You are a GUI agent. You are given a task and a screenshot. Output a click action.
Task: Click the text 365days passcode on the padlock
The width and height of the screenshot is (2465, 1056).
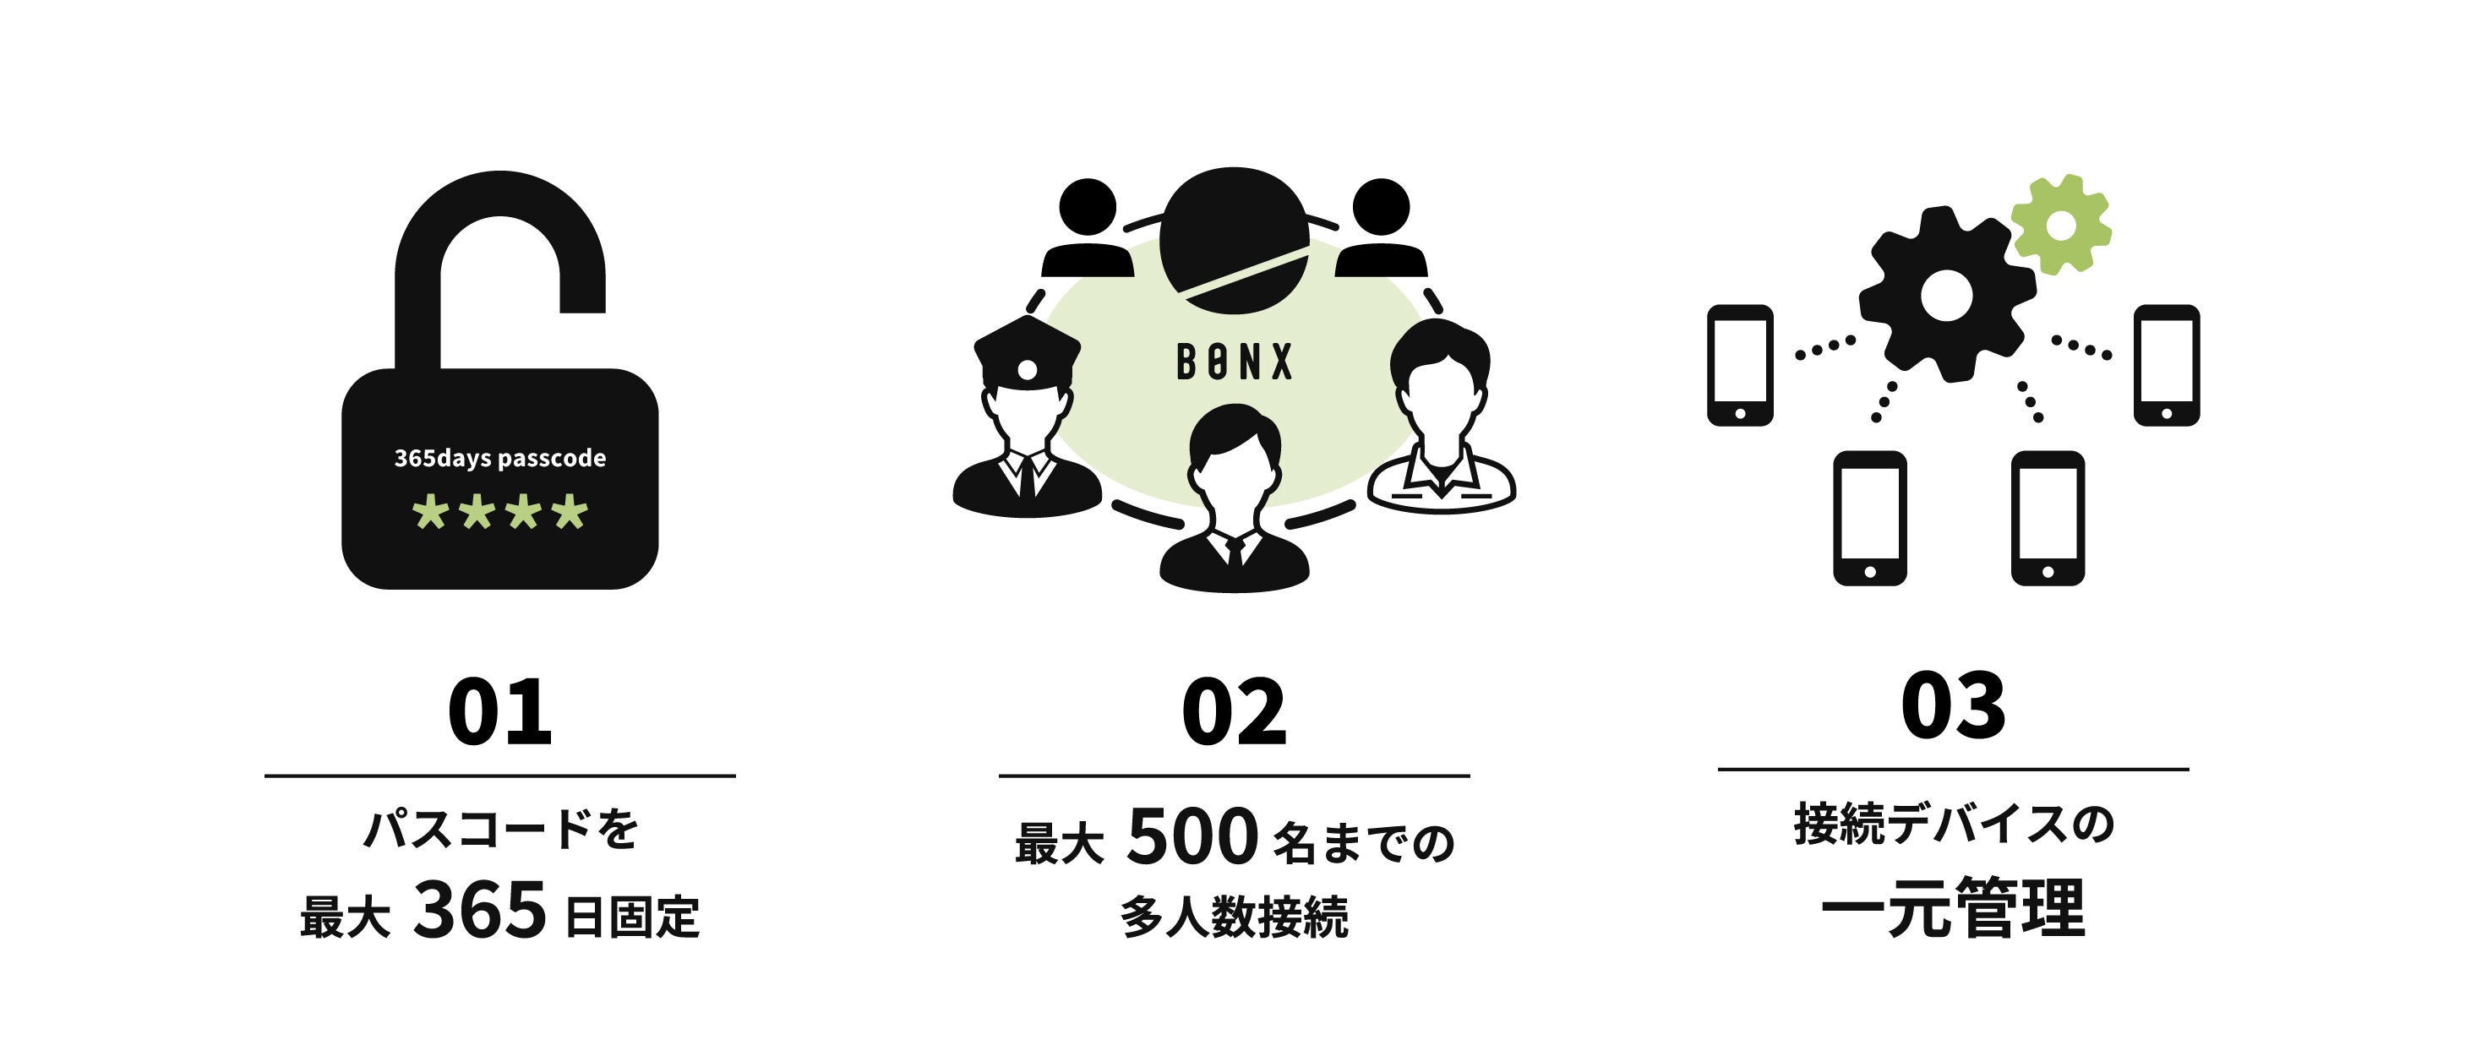coord(499,458)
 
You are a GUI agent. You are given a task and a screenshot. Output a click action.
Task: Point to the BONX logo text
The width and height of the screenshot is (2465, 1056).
coord(1234,362)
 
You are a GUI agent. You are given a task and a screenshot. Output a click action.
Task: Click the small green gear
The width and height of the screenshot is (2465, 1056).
coord(2060,226)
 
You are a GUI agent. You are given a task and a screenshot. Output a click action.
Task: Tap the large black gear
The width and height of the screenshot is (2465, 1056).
coord(1946,296)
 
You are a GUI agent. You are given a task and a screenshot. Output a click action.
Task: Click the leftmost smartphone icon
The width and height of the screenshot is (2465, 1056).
coord(1740,364)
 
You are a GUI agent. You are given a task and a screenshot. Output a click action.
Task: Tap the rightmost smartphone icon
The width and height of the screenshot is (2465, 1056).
coord(2167,364)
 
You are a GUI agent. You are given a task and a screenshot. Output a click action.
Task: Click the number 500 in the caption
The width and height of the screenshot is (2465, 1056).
coord(1192,837)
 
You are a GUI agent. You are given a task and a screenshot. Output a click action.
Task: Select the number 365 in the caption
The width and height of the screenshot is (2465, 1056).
coord(479,910)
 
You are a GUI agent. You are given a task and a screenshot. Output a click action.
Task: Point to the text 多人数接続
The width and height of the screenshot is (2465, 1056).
coord(1234,917)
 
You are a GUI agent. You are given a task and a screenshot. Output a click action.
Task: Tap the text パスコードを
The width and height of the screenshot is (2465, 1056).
coord(499,829)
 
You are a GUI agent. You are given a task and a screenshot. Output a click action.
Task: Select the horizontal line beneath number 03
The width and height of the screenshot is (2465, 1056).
coord(1953,768)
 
